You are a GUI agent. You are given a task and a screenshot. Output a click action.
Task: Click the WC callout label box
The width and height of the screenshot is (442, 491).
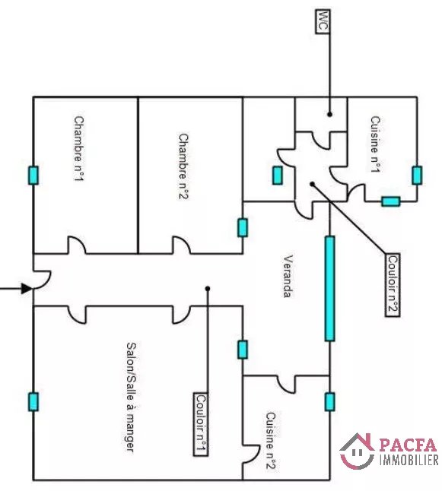pyautogui.click(x=323, y=21)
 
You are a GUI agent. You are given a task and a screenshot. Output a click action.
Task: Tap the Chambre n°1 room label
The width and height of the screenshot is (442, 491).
pyautogui.click(x=79, y=149)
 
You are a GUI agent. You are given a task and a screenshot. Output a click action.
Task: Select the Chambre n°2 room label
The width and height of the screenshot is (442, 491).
pyautogui.click(x=183, y=166)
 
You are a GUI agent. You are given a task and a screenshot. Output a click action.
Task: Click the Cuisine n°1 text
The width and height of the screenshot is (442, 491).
pyautogui.click(x=375, y=144)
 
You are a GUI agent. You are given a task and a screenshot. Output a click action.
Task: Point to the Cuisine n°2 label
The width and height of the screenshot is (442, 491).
pyautogui.click(x=271, y=441)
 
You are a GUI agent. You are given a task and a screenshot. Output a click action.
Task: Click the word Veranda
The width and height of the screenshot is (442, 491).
pyautogui.click(x=288, y=276)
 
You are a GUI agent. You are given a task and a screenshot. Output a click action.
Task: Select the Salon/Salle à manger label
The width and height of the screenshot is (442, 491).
pyautogui.click(x=132, y=397)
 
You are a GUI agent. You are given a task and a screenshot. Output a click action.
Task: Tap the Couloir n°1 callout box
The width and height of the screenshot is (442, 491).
pyautogui.click(x=201, y=424)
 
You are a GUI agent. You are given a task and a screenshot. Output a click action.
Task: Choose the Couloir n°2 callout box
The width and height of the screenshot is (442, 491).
pyautogui.click(x=393, y=285)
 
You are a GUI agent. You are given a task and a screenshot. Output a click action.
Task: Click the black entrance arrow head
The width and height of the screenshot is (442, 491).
pyautogui.click(x=27, y=288)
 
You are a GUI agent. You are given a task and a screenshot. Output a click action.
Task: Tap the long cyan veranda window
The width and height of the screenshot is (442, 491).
pyautogui.click(x=329, y=288)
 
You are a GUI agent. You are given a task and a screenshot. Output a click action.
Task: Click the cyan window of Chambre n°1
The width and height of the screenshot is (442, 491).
pyautogui.click(x=33, y=176)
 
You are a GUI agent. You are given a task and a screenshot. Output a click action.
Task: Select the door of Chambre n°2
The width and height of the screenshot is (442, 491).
pyautogui.click(x=182, y=245)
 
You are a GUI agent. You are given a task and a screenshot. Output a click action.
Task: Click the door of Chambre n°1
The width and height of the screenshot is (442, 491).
pyautogui.click(x=77, y=245)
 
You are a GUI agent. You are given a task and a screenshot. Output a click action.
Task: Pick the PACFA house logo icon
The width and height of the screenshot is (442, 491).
pyautogui.click(x=357, y=451)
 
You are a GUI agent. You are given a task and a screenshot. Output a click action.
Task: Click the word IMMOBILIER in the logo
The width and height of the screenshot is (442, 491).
pyautogui.click(x=409, y=460)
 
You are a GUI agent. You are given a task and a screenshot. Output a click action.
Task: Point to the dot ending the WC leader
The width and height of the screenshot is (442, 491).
pyautogui.click(x=329, y=115)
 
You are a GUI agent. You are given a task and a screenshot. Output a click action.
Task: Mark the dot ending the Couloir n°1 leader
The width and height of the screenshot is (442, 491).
pyautogui.click(x=208, y=288)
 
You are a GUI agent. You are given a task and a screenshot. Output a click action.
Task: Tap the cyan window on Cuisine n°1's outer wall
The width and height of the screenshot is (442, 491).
pyautogui.click(x=417, y=176)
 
